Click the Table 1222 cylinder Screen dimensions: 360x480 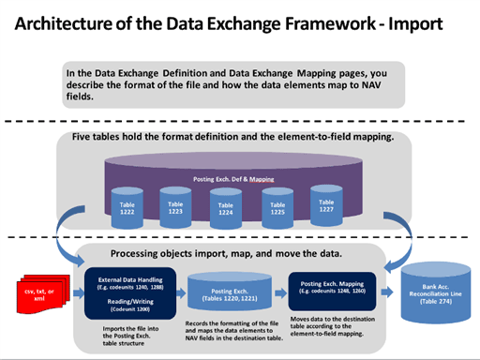[127, 207]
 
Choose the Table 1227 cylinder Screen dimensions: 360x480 [327, 206]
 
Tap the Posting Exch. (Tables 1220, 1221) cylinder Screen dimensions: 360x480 [227, 292]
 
